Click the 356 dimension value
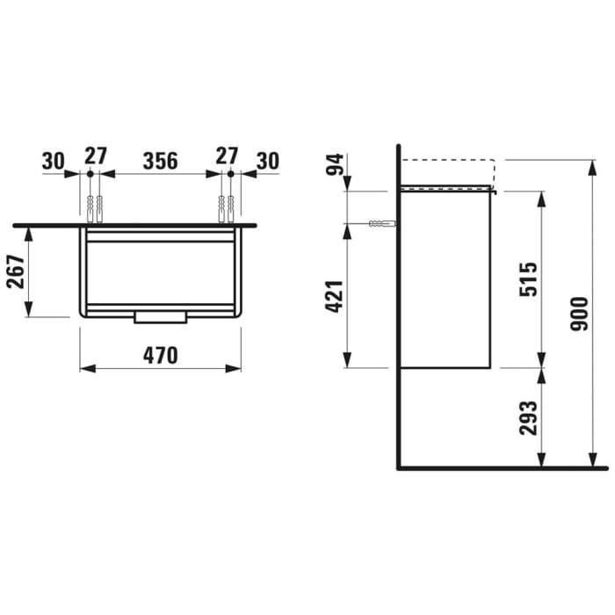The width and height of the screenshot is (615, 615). tap(161, 160)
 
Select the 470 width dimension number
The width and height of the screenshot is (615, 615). tap(161, 355)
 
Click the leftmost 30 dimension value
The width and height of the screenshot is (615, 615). tap(53, 160)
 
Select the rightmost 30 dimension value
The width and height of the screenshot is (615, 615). tap(268, 160)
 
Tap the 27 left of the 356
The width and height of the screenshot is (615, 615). tap(95, 156)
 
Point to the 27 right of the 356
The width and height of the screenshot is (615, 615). tap(227, 156)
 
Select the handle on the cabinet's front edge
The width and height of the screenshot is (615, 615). tap(160, 317)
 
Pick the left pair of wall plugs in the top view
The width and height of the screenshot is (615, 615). tap(95, 209)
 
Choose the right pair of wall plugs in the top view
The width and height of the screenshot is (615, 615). tap(226, 209)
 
